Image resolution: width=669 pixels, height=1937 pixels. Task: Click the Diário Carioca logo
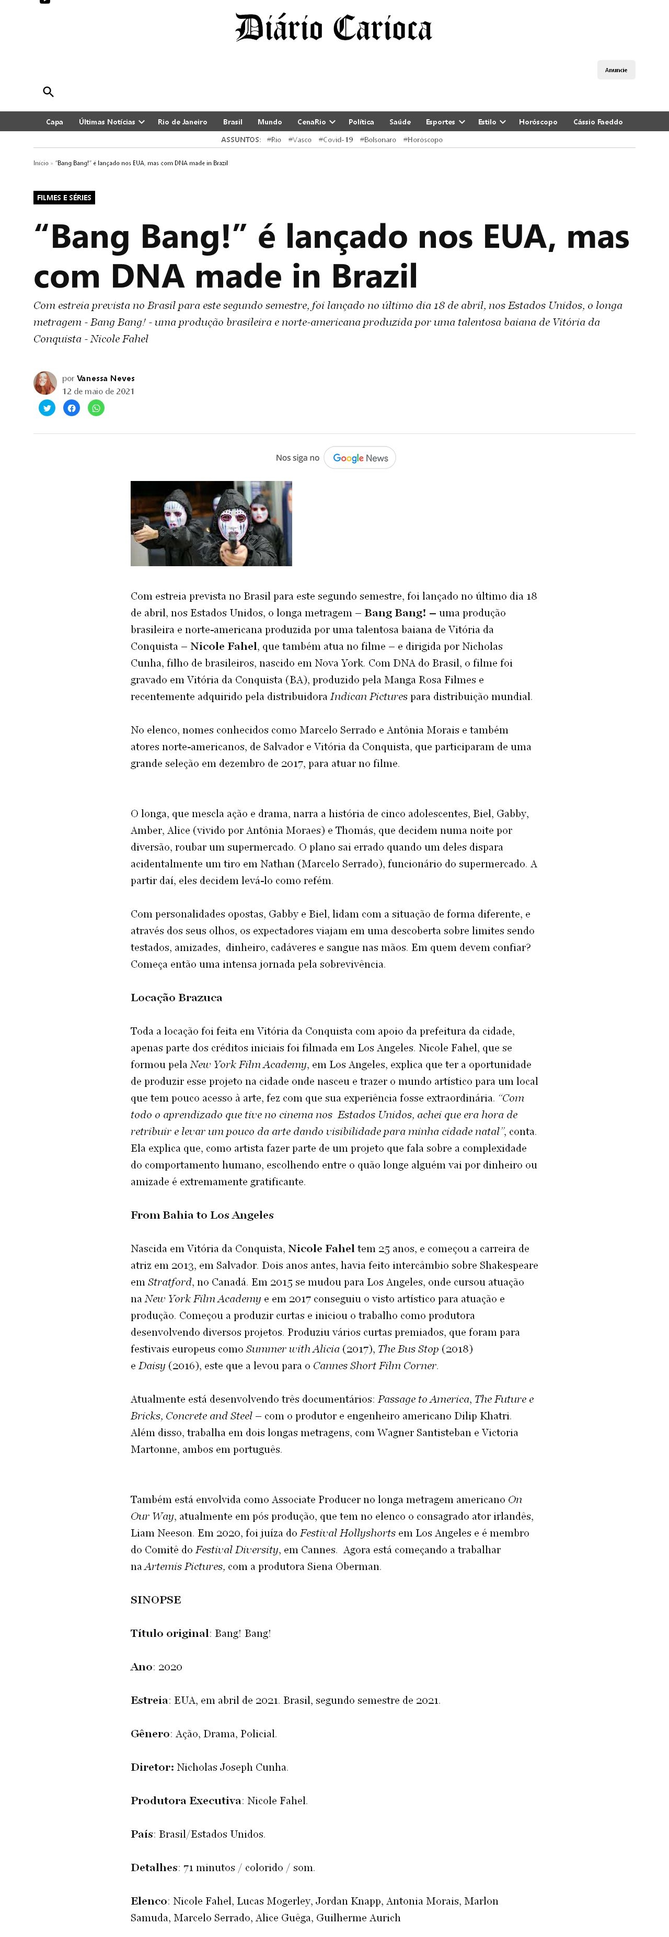click(x=334, y=29)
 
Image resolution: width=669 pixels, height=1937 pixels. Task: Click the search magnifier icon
click(x=48, y=91)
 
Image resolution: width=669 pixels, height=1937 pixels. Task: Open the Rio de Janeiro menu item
click(x=182, y=122)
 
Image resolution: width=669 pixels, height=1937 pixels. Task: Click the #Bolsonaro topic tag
click(x=377, y=140)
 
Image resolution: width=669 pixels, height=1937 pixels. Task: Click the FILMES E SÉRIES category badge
click(x=64, y=198)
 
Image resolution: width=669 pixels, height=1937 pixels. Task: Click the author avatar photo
click(x=45, y=383)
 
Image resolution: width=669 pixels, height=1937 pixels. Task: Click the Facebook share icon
click(x=72, y=408)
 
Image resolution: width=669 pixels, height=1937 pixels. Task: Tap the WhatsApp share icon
click(x=96, y=408)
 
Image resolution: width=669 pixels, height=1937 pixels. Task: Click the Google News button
click(x=360, y=458)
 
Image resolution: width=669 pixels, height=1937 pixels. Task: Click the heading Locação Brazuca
click(x=176, y=998)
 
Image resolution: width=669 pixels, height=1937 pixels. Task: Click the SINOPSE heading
click(x=156, y=1599)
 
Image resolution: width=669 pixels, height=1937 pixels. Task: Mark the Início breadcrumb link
click(x=41, y=163)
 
